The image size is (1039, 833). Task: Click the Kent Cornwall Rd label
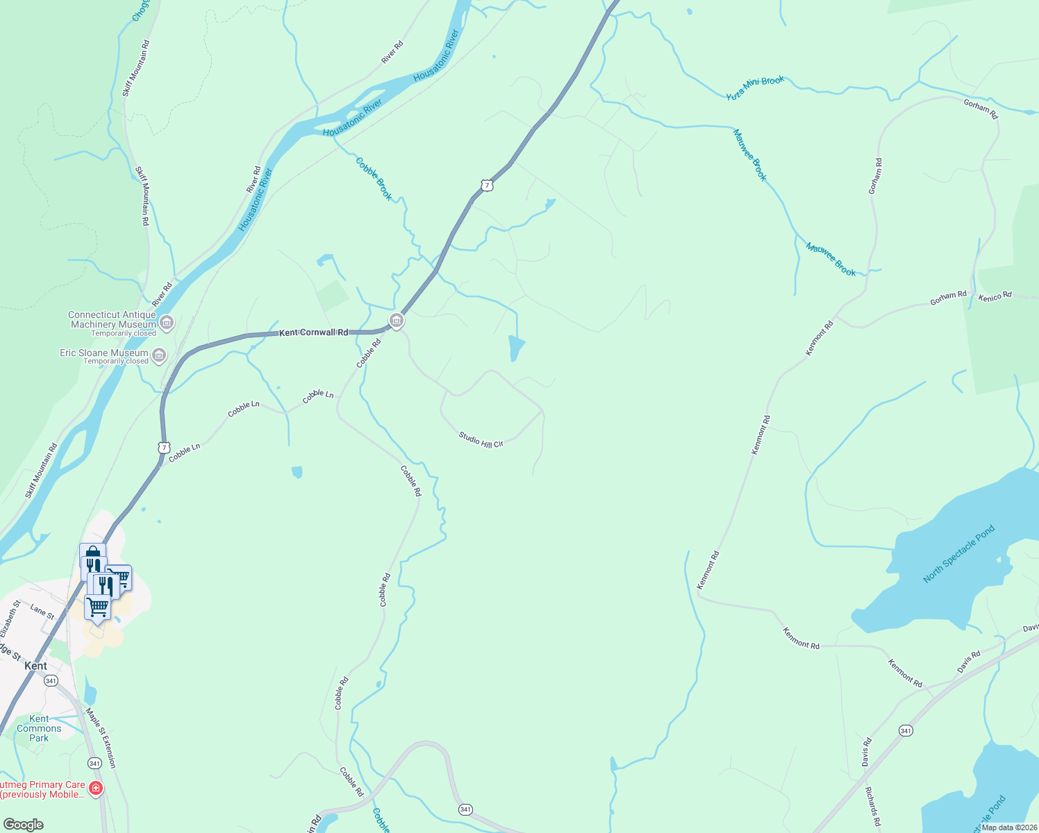tap(313, 333)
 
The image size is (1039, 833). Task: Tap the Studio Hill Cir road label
tap(481, 440)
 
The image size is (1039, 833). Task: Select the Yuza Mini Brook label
tap(755, 88)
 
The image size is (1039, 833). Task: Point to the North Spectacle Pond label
tap(958, 554)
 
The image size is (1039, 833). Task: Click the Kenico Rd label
tap(995, 297)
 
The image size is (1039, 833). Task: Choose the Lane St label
tap(42, 612)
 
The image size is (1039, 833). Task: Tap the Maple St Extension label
tap(101, 737)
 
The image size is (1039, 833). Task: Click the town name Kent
tap(35, 666)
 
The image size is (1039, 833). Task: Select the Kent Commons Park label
tap(39, 728)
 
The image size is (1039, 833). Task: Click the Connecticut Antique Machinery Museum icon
tap(167, 322)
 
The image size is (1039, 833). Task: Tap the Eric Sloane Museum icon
tap(159, 355)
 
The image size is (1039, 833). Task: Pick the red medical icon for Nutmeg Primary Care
tap(96, 788)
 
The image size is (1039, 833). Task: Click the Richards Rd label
tap(873, 807)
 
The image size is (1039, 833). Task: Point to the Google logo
tap(23, 825)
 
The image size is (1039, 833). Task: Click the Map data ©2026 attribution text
tap(1009, 827)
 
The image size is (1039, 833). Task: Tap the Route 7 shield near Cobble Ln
tap(163, 447)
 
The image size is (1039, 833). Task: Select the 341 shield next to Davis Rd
tap(905, 730)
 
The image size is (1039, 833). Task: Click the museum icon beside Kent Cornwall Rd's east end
tap(397, 320)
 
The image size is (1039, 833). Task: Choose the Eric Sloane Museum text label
tap(104, 353)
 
